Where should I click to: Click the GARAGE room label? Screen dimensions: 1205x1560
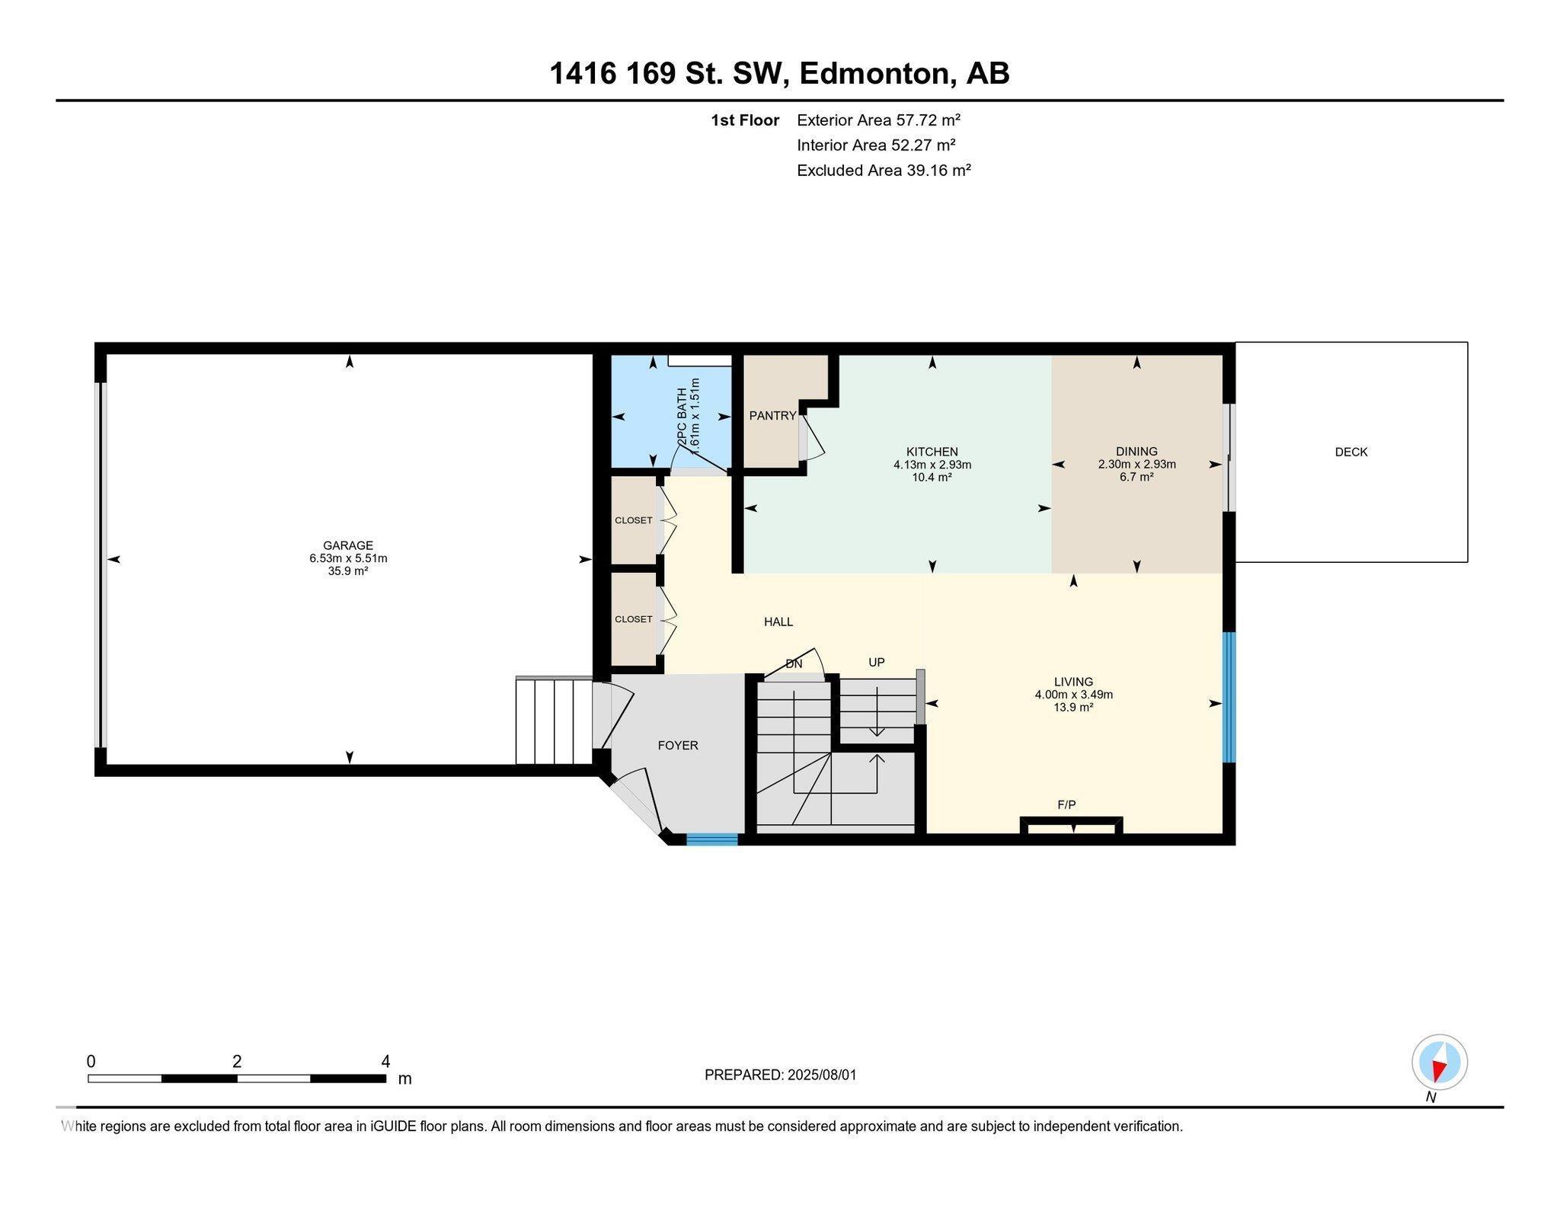coord(348,545)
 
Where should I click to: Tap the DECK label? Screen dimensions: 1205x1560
coord(1351,452)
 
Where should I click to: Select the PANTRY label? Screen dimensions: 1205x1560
coord(772,415)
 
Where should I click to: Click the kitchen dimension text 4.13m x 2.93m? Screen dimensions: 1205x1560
coord(932,465)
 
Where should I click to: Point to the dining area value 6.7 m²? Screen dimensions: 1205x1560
coord(1136,477)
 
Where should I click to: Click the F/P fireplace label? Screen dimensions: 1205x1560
coord(1066,804)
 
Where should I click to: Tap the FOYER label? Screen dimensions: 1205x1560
coord(677,746)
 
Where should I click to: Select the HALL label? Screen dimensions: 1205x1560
coord(778,622)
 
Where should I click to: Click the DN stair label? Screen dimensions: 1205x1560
coord(794,664)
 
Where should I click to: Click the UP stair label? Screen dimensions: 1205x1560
coord(877,662)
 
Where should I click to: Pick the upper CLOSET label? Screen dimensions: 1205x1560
coord(633,520)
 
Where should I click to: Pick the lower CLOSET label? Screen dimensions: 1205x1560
coord(633,619)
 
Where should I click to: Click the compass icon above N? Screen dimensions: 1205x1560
coord(1439,1063)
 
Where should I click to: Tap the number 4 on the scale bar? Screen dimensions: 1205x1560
coord(385,1061)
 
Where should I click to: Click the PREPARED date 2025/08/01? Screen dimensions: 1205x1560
coord(822,1075)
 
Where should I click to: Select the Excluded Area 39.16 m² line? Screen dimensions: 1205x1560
coord(883,171)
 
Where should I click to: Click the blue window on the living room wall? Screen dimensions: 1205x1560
coord(1229,697)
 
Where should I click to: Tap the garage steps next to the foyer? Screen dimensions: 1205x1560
coord(554,721)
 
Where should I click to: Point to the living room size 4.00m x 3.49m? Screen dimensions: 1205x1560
coord(1073,695)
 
